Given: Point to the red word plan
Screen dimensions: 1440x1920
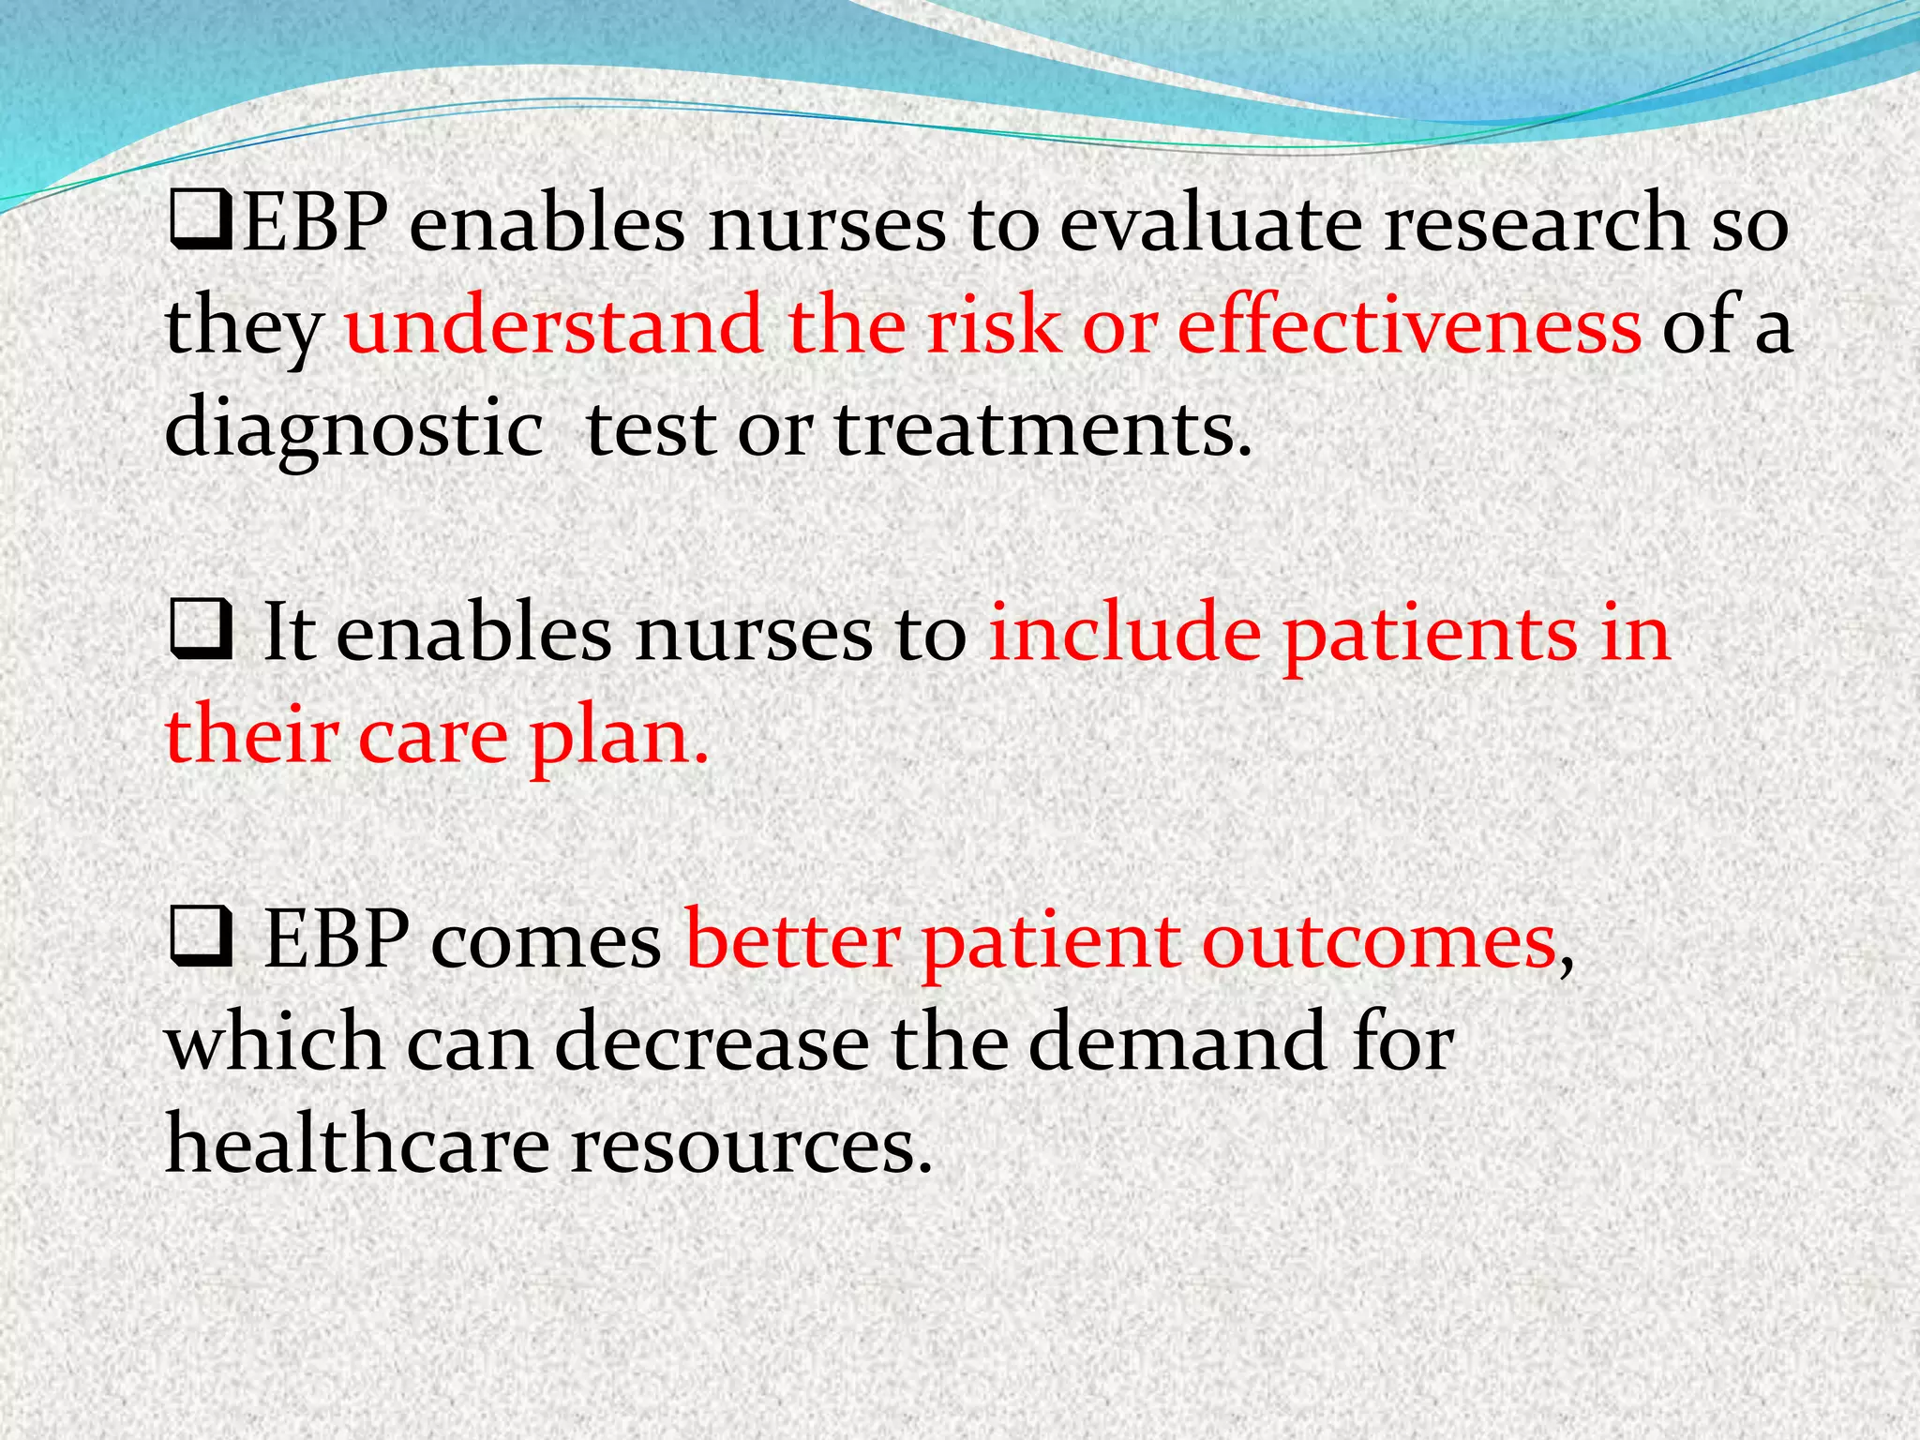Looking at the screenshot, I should tap(618, 737).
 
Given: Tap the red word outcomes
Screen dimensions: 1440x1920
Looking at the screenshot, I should tap(1379, 942).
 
